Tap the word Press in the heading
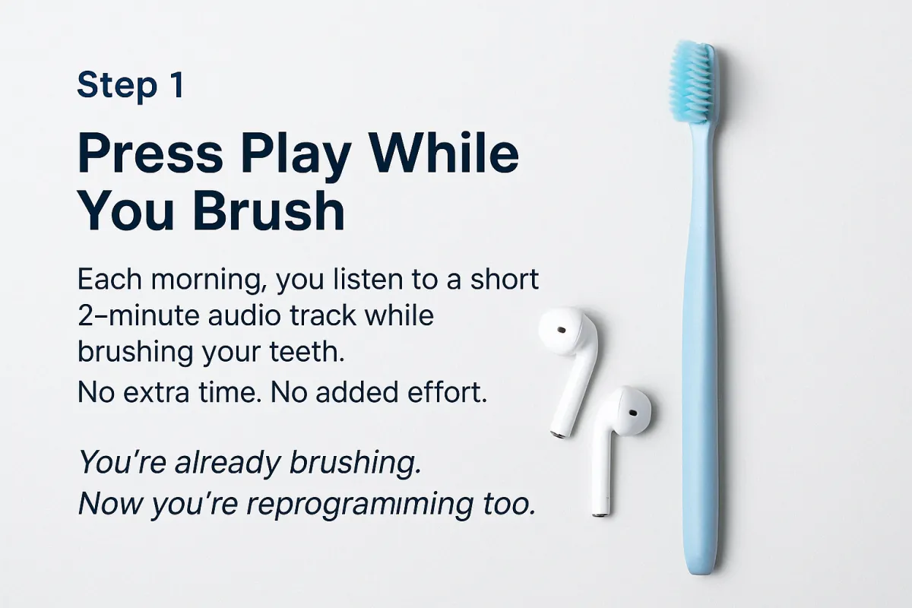pos(150,153)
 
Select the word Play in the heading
pos(296,157)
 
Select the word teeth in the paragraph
pos(307,351)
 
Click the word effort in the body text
pos(447,392)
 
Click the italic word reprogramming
pos(360,505)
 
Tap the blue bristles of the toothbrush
pos(692,81)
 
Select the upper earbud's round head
pos(565,331)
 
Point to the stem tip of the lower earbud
pos(601,515)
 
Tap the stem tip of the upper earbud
pos(559,435)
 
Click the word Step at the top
pos(117,87)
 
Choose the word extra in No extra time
pos(156,393)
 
